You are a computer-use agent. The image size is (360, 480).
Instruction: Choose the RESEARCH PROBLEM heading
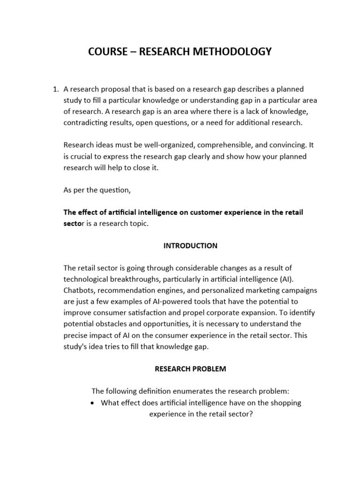(190, 369)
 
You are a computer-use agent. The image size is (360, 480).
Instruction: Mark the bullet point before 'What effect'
(93, 403)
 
